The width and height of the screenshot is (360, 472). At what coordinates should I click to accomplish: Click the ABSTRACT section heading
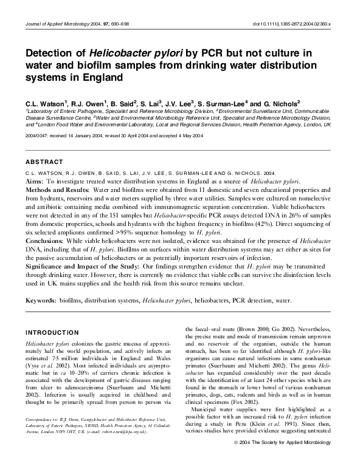coord(44,163)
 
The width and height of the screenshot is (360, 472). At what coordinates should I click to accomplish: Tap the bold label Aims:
coord(35,182)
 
